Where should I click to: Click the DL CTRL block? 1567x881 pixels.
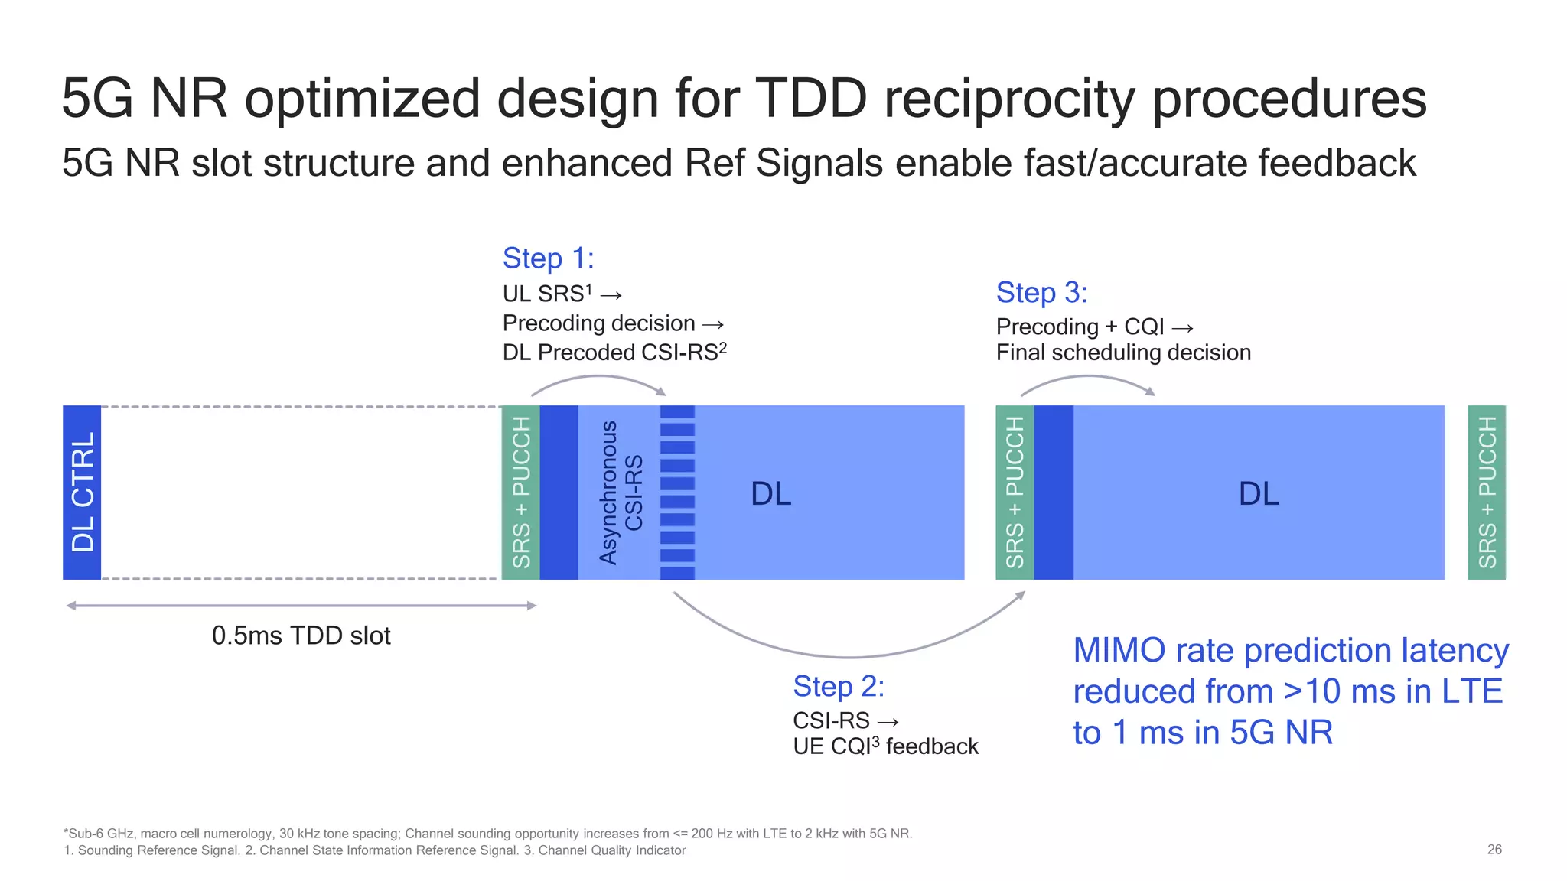point(82,492)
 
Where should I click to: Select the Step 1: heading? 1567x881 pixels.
point(548,258)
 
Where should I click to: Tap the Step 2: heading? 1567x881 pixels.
point(839,686)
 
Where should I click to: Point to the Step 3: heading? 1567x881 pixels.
point(1041,292)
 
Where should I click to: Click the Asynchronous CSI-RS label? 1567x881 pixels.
point(621,493)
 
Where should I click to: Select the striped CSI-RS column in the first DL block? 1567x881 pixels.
point(677,493)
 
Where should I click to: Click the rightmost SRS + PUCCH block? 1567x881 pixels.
point(1486,493)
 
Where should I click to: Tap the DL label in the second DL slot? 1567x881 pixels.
point(1259,493)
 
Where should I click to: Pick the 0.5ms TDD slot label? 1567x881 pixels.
point(301,636)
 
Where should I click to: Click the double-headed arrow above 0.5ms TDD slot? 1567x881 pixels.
point(301,606)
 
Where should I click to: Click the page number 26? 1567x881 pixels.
point(1494,850)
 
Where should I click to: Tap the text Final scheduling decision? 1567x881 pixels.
point(1123,353)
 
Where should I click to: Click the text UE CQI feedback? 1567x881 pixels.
point(885,746)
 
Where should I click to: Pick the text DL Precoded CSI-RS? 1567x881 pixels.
point(614,353)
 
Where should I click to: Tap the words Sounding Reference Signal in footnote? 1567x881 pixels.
point(158,850)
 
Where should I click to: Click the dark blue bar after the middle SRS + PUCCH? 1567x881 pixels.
point(1053,493)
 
